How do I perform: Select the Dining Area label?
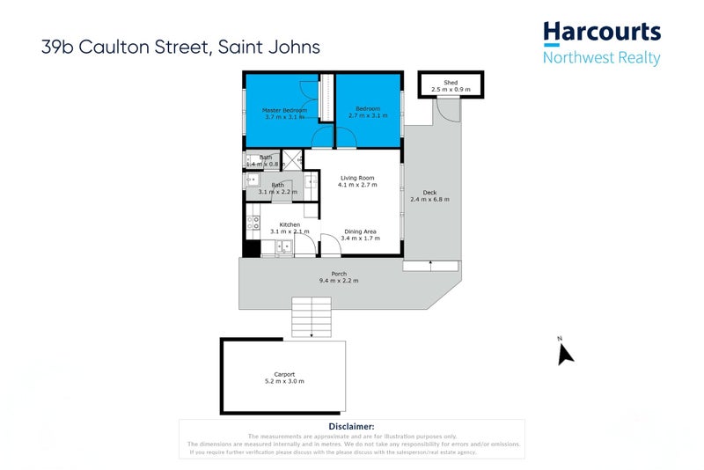(x=361, y=231)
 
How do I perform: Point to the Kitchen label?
(x=290, y=225)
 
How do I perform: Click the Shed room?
(x=451, y=86)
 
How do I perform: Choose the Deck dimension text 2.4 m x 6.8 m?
(x=429, y=200)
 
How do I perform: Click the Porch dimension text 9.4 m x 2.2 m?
(x=339, y=280)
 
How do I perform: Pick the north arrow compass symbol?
(x=565, y=353)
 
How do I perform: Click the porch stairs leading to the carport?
(x=312, y=317)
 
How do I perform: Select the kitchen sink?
(x=283, y=247)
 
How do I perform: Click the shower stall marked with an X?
(x=292, y=159)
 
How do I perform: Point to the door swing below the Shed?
(x=448, y=109)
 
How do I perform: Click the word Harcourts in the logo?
(x=602, y=33)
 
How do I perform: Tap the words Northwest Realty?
(x=602, y=59)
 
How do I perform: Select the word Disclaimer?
(x=351, y=426)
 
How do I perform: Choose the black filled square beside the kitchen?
(x=253, y=247)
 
